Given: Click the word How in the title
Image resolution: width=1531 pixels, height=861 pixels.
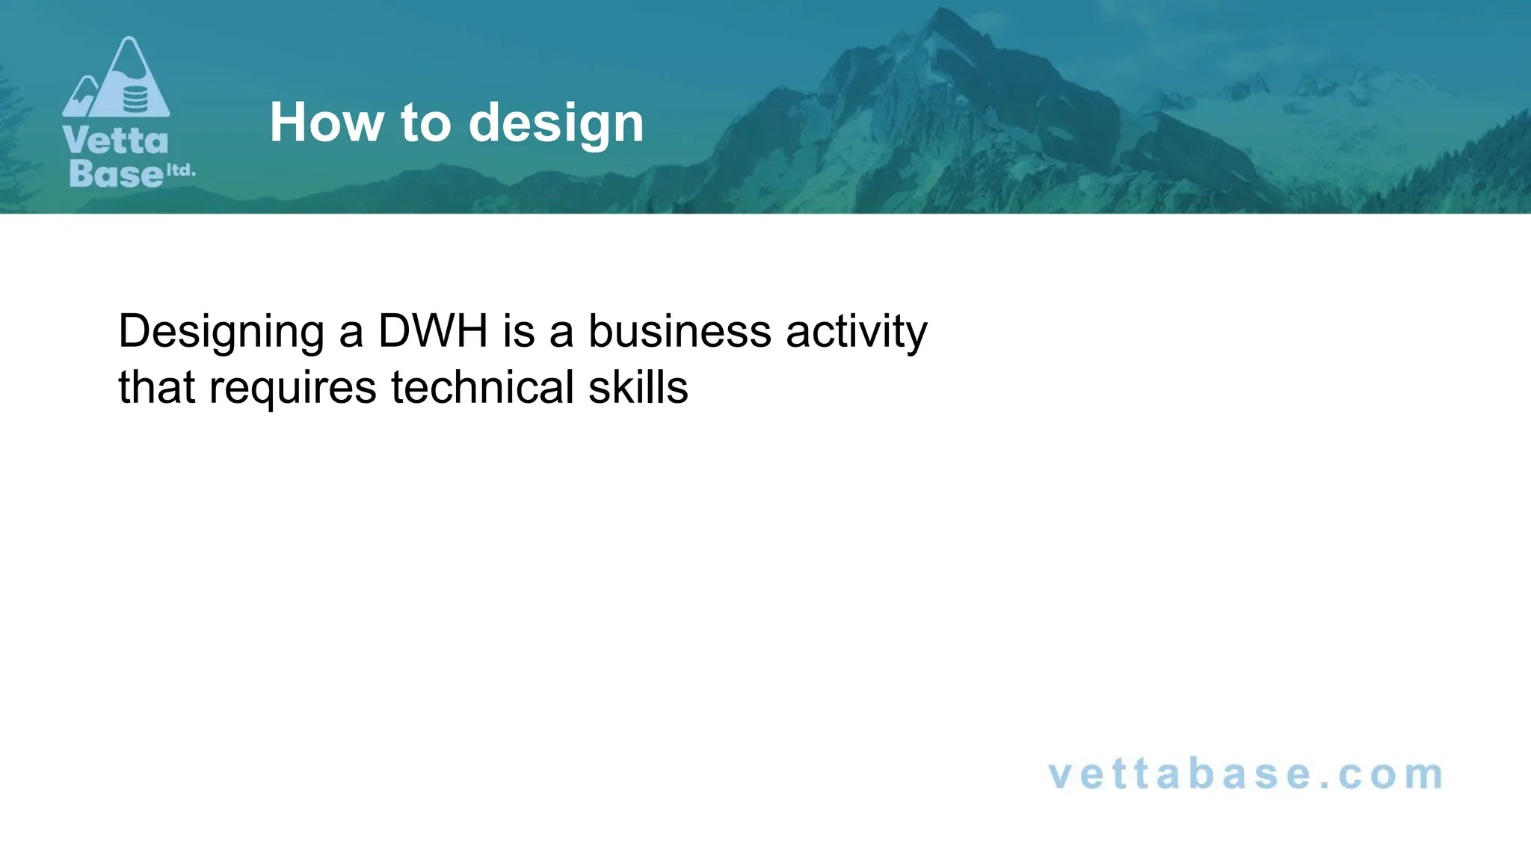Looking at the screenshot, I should tap(327, 123).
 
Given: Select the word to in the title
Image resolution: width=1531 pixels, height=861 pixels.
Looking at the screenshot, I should tap(425, 123).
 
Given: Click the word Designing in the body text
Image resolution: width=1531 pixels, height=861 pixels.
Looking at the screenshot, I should tap(221, 332).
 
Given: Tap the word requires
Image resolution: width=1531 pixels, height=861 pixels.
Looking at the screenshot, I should tap(292, 389).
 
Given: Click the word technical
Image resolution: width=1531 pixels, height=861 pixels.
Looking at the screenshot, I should tap(482, 387).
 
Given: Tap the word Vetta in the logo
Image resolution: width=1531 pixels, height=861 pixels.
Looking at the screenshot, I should tap(116, 141).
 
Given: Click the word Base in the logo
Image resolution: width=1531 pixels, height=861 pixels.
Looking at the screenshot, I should tap(116, 173).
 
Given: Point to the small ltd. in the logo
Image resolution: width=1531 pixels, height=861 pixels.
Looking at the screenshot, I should tap(180, 170).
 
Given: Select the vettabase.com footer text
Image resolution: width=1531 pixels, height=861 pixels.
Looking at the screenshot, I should tap(1245, 774).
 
